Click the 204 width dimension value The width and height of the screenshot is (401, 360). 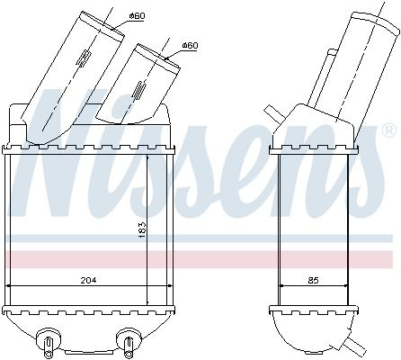[88, 280]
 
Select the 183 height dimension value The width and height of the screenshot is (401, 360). [143, 230]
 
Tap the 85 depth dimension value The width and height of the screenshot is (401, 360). [313, 281]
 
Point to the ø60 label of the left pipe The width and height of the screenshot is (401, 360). [137, 16]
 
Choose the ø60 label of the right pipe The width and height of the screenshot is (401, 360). [190, 46]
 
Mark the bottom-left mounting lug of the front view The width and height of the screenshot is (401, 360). [48, 341]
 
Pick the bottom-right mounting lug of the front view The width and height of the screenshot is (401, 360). [129, 341]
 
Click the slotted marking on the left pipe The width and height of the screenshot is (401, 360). [84, 58]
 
